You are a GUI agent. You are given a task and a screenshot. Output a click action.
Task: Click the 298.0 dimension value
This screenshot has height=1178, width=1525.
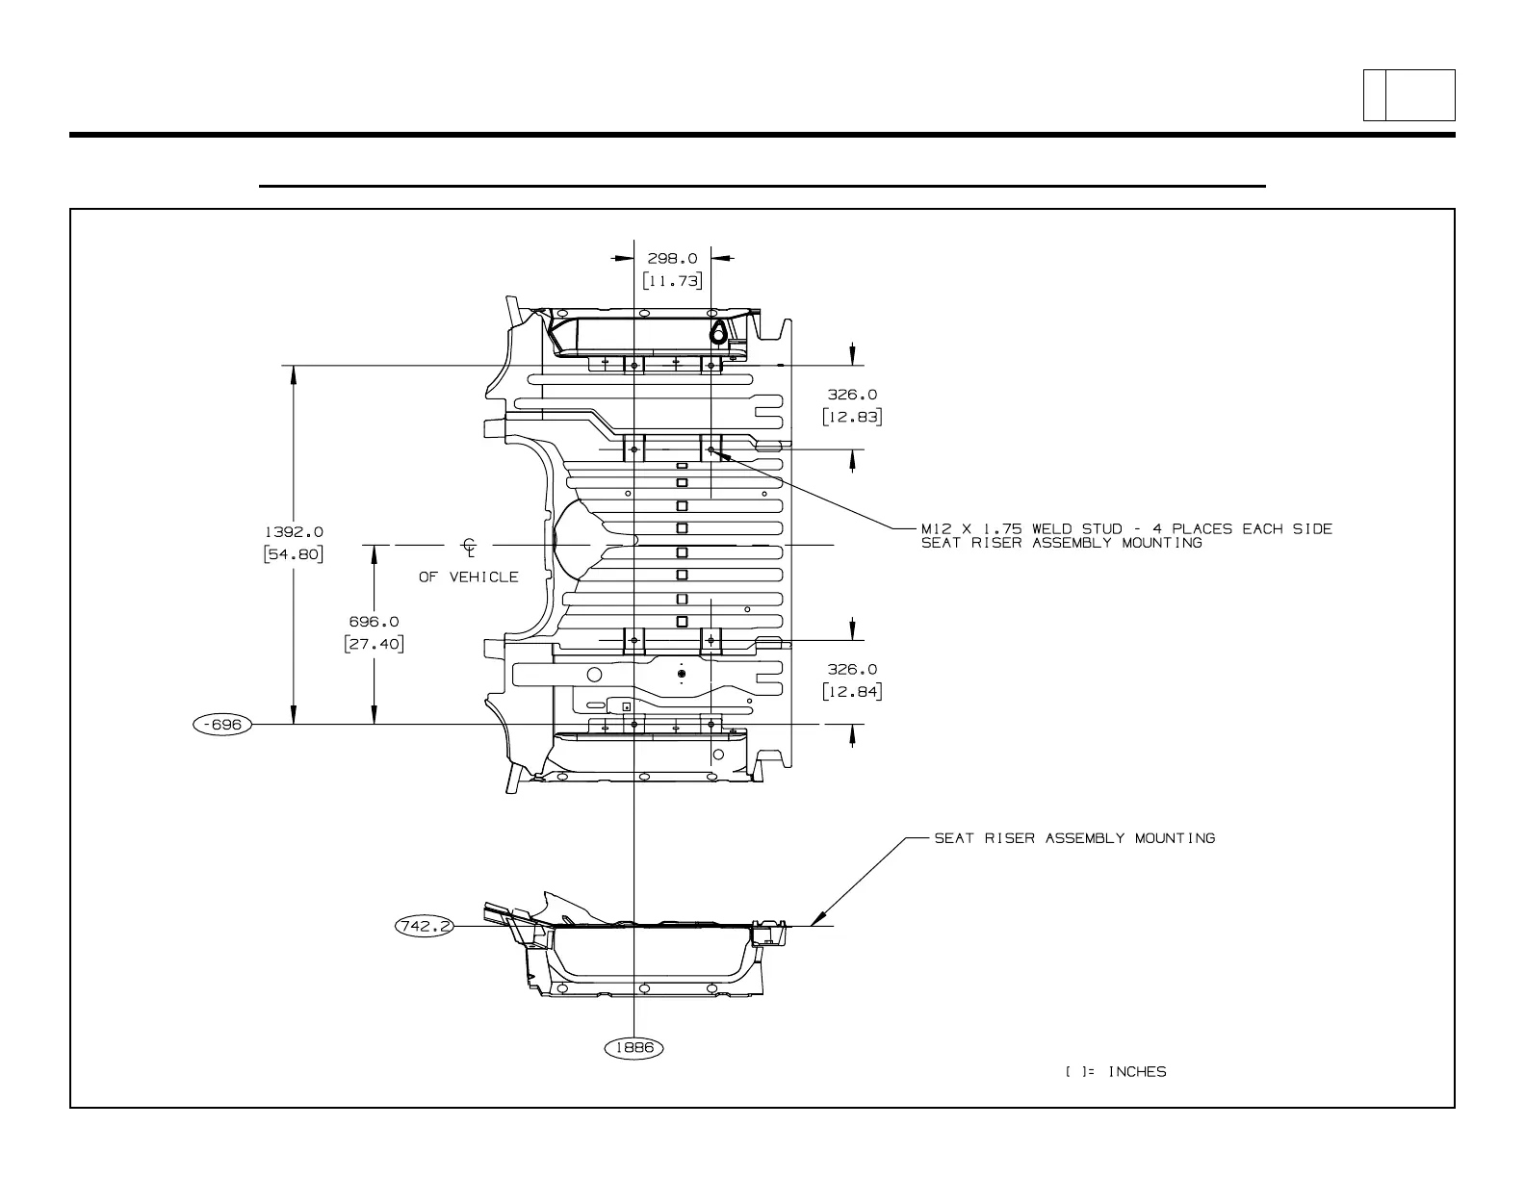(672, 258)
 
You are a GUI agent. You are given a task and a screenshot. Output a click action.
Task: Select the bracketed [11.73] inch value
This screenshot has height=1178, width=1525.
(672, 280)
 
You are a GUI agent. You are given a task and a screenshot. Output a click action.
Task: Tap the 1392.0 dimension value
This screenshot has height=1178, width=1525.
(294, 531)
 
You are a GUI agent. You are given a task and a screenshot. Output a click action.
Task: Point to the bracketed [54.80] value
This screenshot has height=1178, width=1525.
(294, 554)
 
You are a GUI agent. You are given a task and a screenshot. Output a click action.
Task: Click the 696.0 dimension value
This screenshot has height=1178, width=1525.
(374, 622)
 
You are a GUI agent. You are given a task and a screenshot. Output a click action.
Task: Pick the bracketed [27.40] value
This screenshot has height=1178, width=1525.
(374, 644)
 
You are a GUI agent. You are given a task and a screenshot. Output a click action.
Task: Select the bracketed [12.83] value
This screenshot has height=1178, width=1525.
(852, 417)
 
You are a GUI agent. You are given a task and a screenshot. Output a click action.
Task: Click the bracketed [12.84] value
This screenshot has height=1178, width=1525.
(852, 691)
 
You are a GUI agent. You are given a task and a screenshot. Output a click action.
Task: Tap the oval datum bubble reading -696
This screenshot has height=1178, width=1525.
(222, 724)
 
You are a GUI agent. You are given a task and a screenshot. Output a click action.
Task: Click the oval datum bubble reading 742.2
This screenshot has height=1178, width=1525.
(424, 926)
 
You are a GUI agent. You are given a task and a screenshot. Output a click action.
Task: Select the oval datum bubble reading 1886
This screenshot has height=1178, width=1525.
(633, 1047)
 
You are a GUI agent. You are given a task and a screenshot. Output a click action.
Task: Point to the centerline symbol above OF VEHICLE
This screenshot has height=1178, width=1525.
(470, 548)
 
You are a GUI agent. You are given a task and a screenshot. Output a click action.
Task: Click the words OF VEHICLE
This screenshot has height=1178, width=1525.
(468, 576)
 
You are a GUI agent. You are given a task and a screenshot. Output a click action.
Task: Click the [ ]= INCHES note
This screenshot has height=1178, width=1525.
(1116, 1071)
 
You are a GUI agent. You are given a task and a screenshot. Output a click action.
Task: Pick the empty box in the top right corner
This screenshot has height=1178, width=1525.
(1419, 95)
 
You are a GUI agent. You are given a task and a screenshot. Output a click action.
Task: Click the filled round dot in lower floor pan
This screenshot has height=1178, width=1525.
(682, 675)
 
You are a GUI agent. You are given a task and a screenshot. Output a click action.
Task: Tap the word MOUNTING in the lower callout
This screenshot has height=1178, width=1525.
(1175, 838)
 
